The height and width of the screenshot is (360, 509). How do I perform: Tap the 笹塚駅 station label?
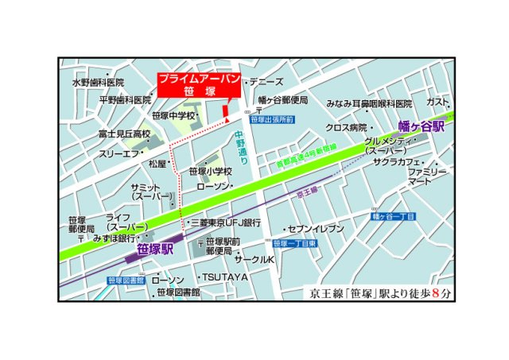point(155,249)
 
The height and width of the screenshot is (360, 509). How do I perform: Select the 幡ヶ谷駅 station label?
point(421,126)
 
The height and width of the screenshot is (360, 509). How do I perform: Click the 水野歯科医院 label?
point(98,82)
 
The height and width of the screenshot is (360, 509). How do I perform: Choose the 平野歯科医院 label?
point(124,100)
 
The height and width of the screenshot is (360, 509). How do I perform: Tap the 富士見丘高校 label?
point(124,134)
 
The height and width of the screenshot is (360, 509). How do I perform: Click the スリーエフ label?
point(119,153)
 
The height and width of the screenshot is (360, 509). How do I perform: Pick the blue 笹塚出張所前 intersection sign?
point(272,119)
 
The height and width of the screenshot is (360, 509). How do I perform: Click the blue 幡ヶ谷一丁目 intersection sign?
point(395,216)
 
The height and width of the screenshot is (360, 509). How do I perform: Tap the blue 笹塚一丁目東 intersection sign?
point(295,243)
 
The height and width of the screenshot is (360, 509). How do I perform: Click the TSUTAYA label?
point(225,277)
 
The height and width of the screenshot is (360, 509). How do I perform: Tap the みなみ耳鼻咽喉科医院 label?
point(370,103)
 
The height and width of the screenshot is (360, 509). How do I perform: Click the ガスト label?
point(438,102)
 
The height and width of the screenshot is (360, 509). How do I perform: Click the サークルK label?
point(254,260)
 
